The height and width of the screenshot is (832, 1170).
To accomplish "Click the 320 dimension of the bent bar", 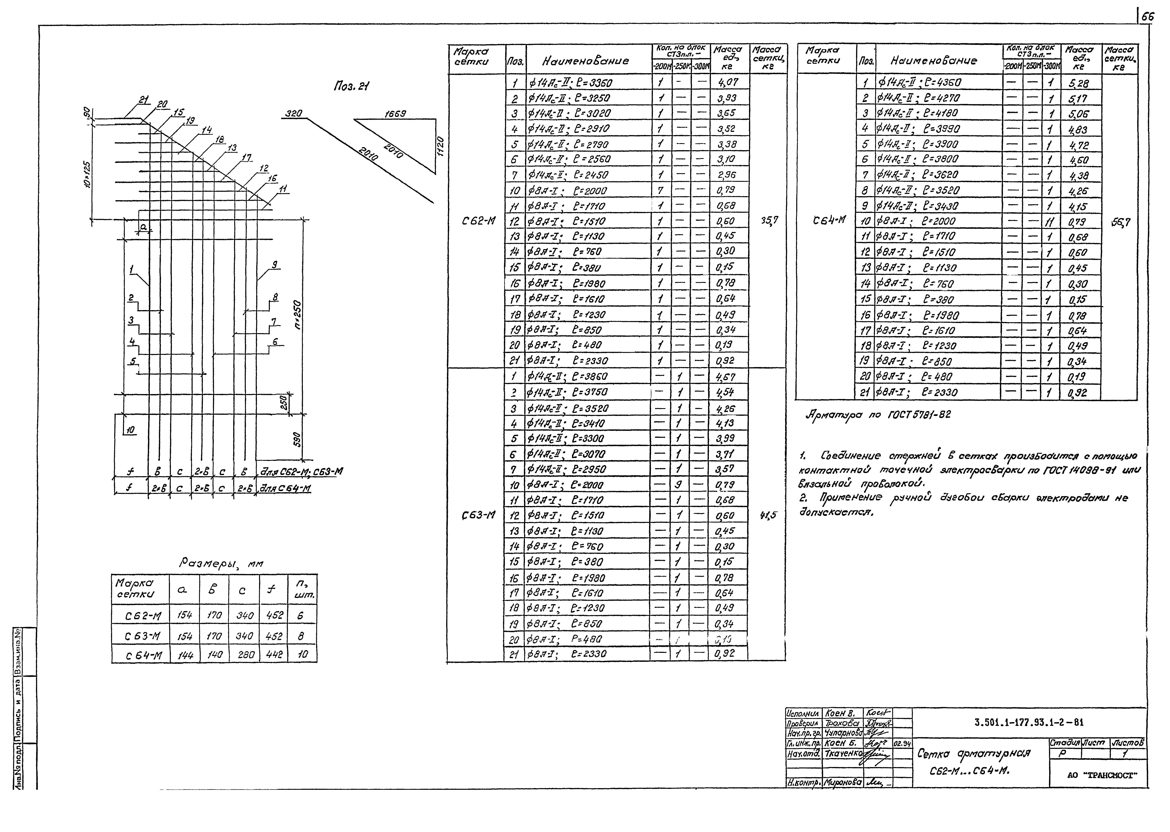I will (293, 113).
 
